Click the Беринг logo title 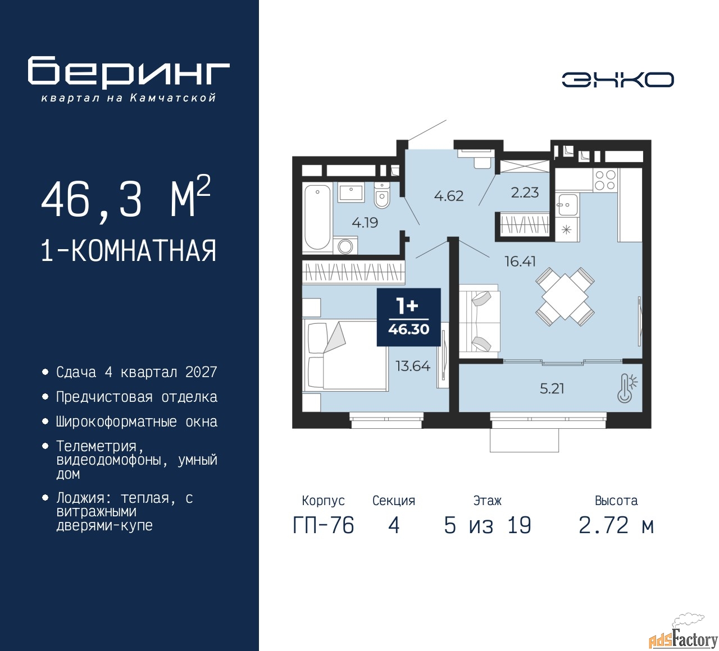129,72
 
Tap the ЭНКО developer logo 617,80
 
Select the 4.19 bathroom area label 365,223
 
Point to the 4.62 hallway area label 448,196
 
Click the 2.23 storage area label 525,192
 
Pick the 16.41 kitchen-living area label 520,262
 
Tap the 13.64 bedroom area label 413,366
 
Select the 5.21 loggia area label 552,388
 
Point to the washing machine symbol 345,246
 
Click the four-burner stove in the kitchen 604,180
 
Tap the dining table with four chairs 565,297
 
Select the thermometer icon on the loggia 626,388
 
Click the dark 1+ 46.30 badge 408,317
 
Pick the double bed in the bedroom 345,355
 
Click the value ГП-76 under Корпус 324,525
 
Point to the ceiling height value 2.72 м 616,525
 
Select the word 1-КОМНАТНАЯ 129,251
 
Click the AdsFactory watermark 682,640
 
